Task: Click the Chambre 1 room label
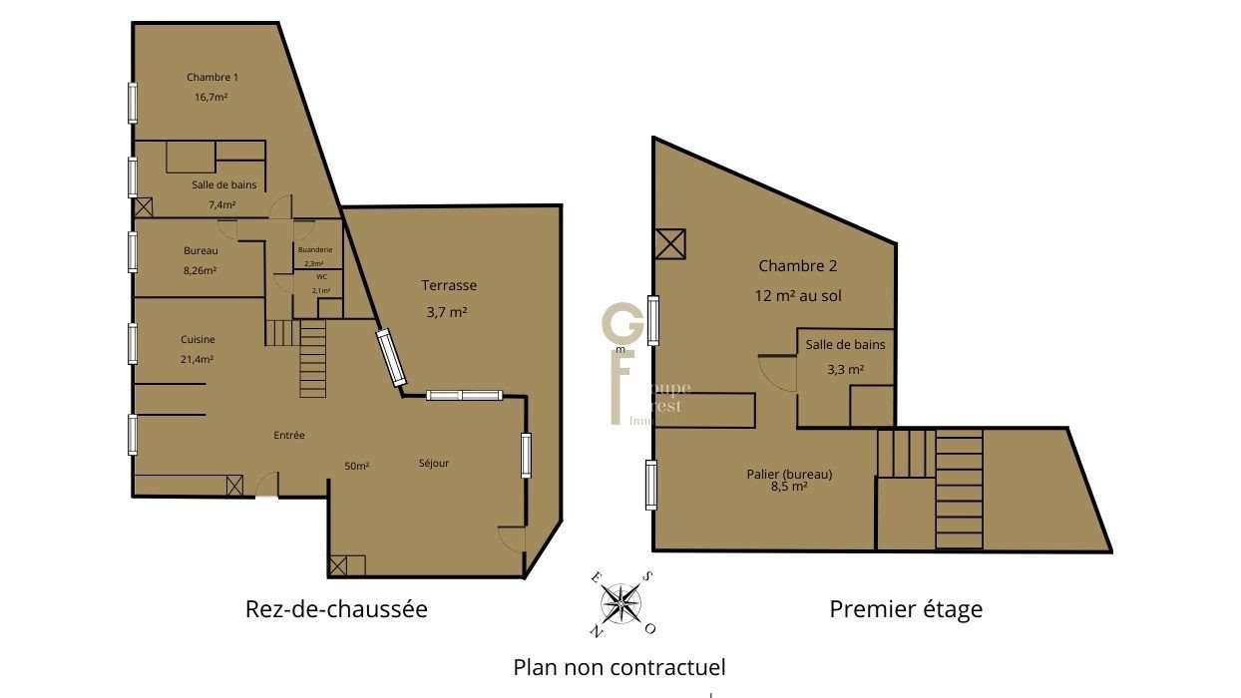click(212, 77)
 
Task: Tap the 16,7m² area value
click(211, 98)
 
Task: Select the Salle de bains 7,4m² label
click(223, 184)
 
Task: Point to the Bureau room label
click(201, 250)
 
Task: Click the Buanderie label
click(314, 249)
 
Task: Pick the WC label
click(321, 276)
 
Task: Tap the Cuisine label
click(198, 339)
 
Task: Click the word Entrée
click(289, 436)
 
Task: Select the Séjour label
click(434, 463)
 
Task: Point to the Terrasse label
click(449, 285)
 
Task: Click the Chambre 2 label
click(797, 265)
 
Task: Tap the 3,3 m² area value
click(845, 369)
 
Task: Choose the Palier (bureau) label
click(789, 474)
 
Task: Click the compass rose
click(621, 602)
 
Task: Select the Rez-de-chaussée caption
click(336, 608)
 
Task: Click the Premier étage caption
click(906, 608)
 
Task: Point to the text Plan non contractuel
click(620, 666)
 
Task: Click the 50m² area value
click(356, 466)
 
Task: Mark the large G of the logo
click(622, 326)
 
